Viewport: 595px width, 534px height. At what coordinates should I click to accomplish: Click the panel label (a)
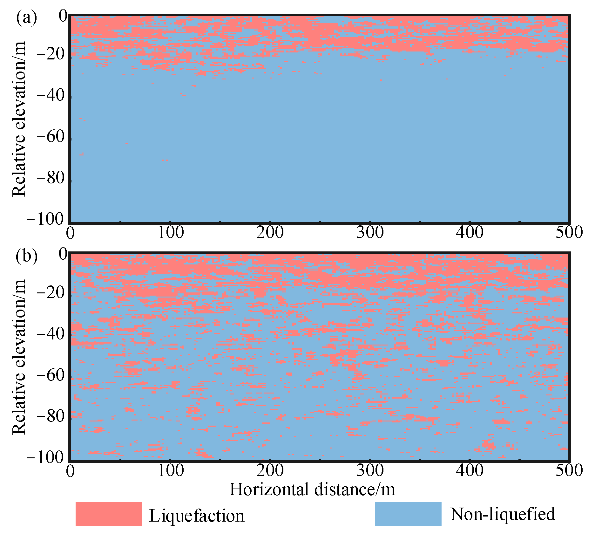point(26,18)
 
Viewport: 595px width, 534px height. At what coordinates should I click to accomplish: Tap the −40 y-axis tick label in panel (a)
point(51,95)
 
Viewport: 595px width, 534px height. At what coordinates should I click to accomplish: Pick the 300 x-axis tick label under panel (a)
point(370,233)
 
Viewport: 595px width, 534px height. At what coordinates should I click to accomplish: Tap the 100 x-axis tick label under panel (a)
point(171,233)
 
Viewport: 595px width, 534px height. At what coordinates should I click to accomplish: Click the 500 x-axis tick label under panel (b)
point(569,470)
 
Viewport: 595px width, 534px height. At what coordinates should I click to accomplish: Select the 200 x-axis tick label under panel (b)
point(270,470)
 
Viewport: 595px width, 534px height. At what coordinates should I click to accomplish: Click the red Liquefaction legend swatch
point(109,514)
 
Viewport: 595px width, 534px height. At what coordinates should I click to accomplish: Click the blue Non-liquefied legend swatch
point(408,514)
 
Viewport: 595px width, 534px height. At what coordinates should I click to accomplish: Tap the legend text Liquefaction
point(197,516)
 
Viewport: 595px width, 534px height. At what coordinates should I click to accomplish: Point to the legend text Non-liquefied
point(503,514)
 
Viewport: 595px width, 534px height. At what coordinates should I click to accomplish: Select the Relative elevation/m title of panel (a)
point(19,119)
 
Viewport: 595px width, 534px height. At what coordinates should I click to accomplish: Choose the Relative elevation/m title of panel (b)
point(19,357)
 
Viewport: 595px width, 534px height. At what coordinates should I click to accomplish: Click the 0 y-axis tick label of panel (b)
point(63,254)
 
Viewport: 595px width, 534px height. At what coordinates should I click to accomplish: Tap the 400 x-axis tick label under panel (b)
point(470,470)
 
